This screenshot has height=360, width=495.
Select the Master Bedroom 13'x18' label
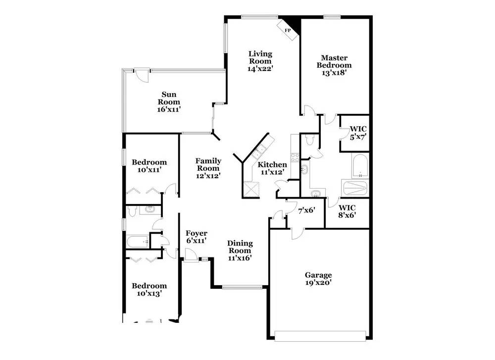[x=334, y=65]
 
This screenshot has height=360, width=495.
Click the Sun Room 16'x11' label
[x=169, y=102]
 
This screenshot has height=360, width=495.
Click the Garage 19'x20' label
[x=318, y=279]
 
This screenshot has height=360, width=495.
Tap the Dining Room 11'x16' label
[x=240, y=250]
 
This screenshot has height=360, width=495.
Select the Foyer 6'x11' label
[x=196, y=237]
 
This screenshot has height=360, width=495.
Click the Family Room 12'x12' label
[x=208, y=168]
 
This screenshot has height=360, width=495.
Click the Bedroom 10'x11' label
[x=149, y=166]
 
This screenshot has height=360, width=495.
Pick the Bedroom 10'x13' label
[x=149, y=289]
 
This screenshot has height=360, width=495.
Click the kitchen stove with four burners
[x=295, y=157]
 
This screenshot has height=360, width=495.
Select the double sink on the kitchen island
[x=260, y=151]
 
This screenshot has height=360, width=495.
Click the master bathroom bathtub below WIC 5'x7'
[x=360, y=165]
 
